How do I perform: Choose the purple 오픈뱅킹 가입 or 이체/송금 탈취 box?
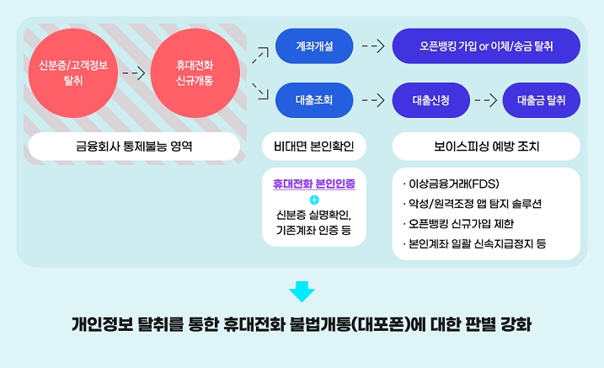point(486,46)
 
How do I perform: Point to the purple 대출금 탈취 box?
point(541,100)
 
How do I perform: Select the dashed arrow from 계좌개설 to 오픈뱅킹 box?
point(372,46)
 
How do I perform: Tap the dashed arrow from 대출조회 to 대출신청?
point(372,100)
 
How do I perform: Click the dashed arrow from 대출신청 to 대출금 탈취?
point(485,100)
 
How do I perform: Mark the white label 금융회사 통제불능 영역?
point(134,146)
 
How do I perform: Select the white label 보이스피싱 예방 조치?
point(486,146)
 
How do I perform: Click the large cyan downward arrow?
point(302,291)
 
